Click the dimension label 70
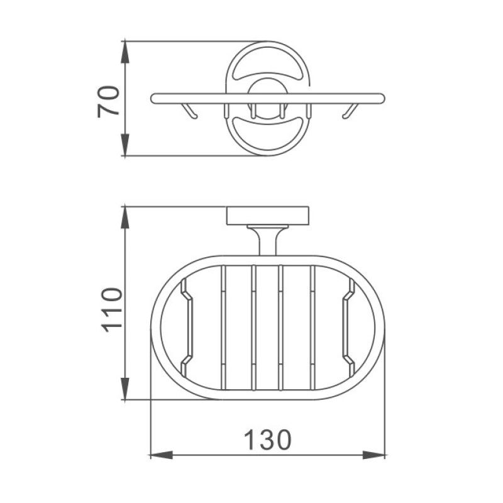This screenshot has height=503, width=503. point(108,102)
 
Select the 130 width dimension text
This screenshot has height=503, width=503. point(268,440)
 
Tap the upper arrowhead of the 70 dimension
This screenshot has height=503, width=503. point(124,52)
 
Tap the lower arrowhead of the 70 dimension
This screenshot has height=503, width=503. point(124,145)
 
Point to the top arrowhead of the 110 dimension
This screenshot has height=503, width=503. point(124,218)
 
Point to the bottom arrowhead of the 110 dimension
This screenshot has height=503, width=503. point(124,389)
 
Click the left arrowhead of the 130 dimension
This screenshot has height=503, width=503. point(162,455)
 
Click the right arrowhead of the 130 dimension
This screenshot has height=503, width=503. point(374,455)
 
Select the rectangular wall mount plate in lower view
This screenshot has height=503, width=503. point(268,216)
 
